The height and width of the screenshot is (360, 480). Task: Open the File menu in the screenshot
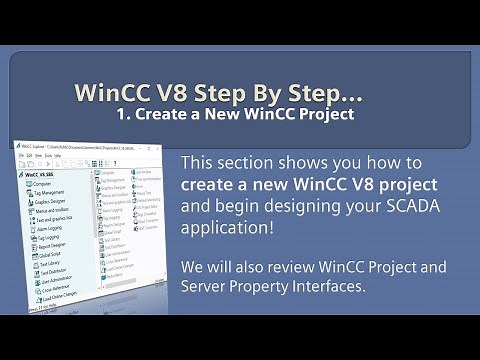[23, 156]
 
